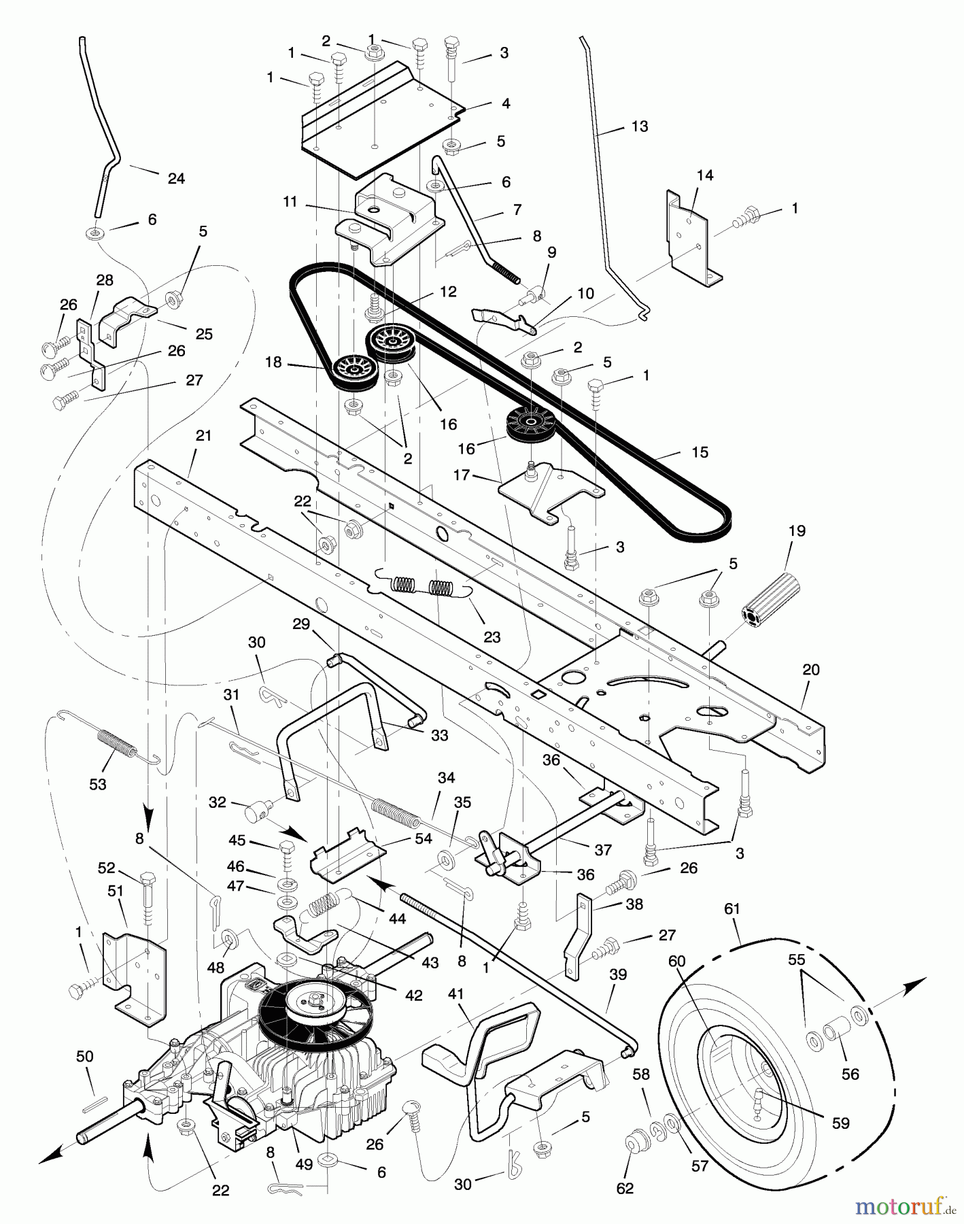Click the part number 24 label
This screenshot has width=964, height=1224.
(x=176, y=178)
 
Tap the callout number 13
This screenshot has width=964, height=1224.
(x=640, y=126)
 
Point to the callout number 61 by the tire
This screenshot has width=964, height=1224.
(x=731, y=908)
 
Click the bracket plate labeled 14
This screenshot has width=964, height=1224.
(x=693, y=239)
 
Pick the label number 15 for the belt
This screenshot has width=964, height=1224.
(x=699, y=452)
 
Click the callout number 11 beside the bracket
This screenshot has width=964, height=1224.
(x=290, y=202)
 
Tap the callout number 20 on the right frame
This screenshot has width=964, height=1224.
(x=810, y=669)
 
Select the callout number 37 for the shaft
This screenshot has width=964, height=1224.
(x=602, y=849)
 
